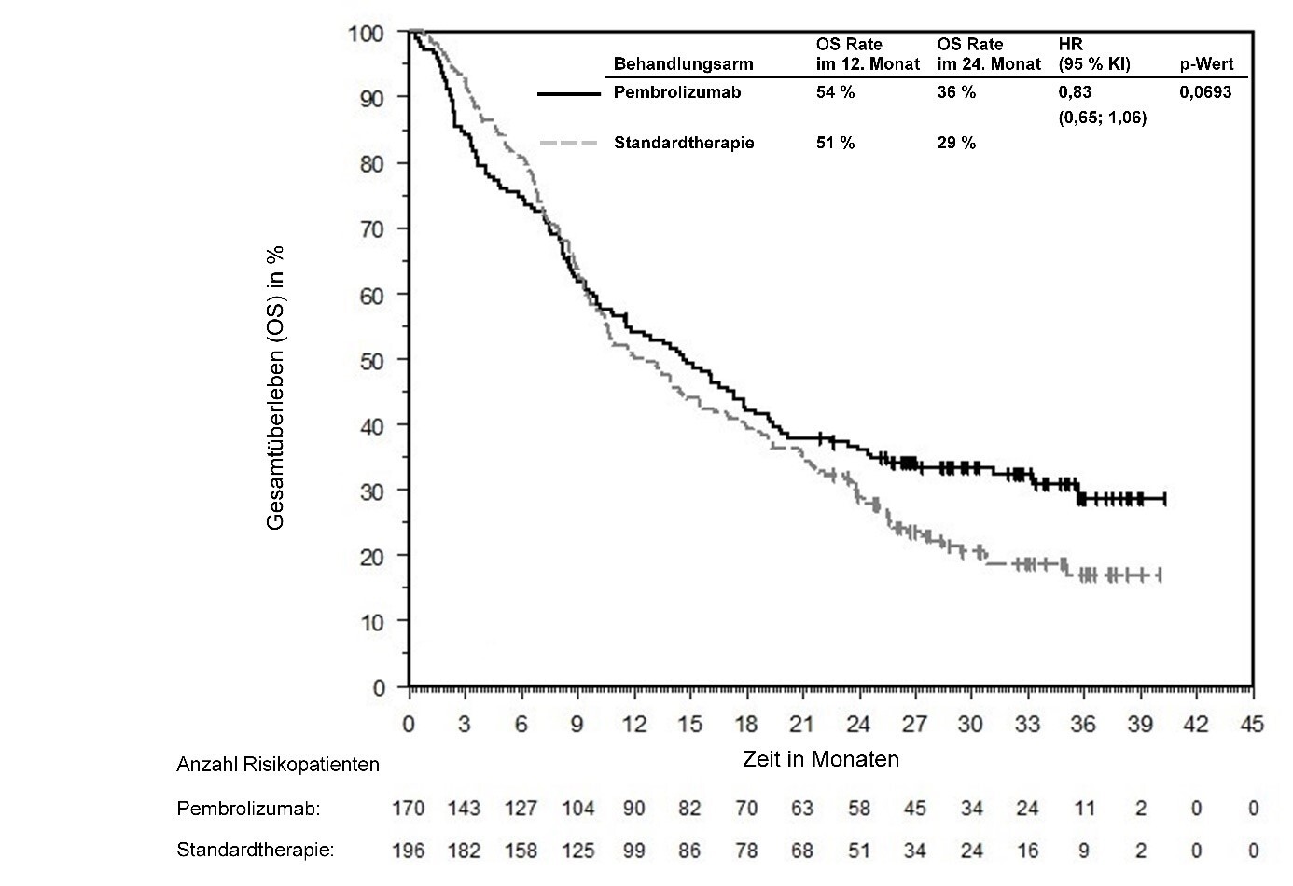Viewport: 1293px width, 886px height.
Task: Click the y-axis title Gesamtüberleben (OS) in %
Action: pos(275,388)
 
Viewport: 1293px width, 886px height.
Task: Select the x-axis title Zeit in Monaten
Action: pos(821,759)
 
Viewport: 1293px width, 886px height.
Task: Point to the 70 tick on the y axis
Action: pos(372,228)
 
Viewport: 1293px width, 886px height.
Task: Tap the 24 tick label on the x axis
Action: pos(858,725)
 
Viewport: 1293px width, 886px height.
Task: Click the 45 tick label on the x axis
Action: pos(1252,725)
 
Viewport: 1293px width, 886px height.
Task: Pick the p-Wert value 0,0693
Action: pos(1205,92)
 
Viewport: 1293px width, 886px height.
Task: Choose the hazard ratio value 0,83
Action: pos(1075,92)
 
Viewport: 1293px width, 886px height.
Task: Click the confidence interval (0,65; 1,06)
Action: pos(1103,118)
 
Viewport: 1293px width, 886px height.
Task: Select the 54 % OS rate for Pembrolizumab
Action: pos(835,92)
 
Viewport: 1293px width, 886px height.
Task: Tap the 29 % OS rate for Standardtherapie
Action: pos(956,143)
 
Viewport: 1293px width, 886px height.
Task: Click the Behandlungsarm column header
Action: pos(683,64)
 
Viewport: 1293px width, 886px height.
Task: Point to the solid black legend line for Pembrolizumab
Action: pos(569,93)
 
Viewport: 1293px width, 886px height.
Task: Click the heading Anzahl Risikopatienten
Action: pos(278,765)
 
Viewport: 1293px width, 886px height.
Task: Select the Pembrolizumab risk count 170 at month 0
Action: pos(409,809)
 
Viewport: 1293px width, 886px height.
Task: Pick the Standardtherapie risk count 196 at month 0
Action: pos(409,851)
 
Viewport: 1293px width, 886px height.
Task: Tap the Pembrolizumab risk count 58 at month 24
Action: pos(858,809)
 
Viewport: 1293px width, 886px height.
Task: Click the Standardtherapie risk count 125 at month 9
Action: pos(577,851)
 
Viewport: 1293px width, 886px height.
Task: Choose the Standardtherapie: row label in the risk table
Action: pos(255,851)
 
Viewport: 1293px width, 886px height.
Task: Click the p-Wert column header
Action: pos(1207,64)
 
